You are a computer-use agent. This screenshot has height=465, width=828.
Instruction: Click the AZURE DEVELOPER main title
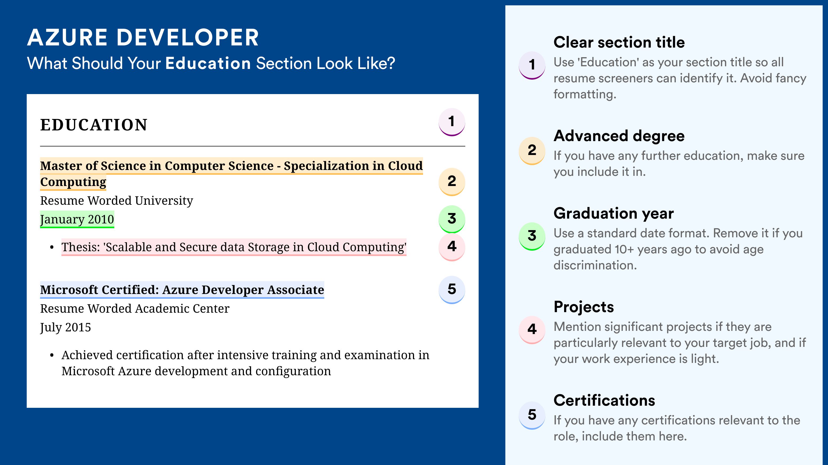143,37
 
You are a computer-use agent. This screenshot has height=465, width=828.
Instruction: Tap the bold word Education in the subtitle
208,63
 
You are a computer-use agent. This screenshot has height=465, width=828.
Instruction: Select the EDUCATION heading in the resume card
93,125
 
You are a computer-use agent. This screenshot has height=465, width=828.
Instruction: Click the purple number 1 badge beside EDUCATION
452,122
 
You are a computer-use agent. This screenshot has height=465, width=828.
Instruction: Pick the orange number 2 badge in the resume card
452,182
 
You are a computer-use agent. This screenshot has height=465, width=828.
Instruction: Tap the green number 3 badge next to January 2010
452,219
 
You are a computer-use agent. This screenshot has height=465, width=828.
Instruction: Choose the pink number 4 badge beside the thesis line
452,247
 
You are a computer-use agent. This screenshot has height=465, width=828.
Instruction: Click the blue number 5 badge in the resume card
452,290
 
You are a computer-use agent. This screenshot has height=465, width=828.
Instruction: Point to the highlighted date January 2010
77,219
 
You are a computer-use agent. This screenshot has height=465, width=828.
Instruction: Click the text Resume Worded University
117,201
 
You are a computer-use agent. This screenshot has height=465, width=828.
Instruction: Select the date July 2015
65,327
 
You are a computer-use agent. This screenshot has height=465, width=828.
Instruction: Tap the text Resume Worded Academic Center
135,309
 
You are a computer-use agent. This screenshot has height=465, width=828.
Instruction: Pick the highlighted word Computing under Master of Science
73,182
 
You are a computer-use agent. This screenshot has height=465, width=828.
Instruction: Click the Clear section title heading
619,42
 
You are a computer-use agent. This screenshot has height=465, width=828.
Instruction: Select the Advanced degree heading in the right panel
619,136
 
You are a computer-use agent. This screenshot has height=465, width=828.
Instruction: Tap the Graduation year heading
614,213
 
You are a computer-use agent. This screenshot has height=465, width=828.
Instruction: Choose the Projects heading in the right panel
584,307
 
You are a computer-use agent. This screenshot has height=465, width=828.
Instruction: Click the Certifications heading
604,400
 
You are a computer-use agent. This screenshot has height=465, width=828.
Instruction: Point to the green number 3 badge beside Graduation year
532,236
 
